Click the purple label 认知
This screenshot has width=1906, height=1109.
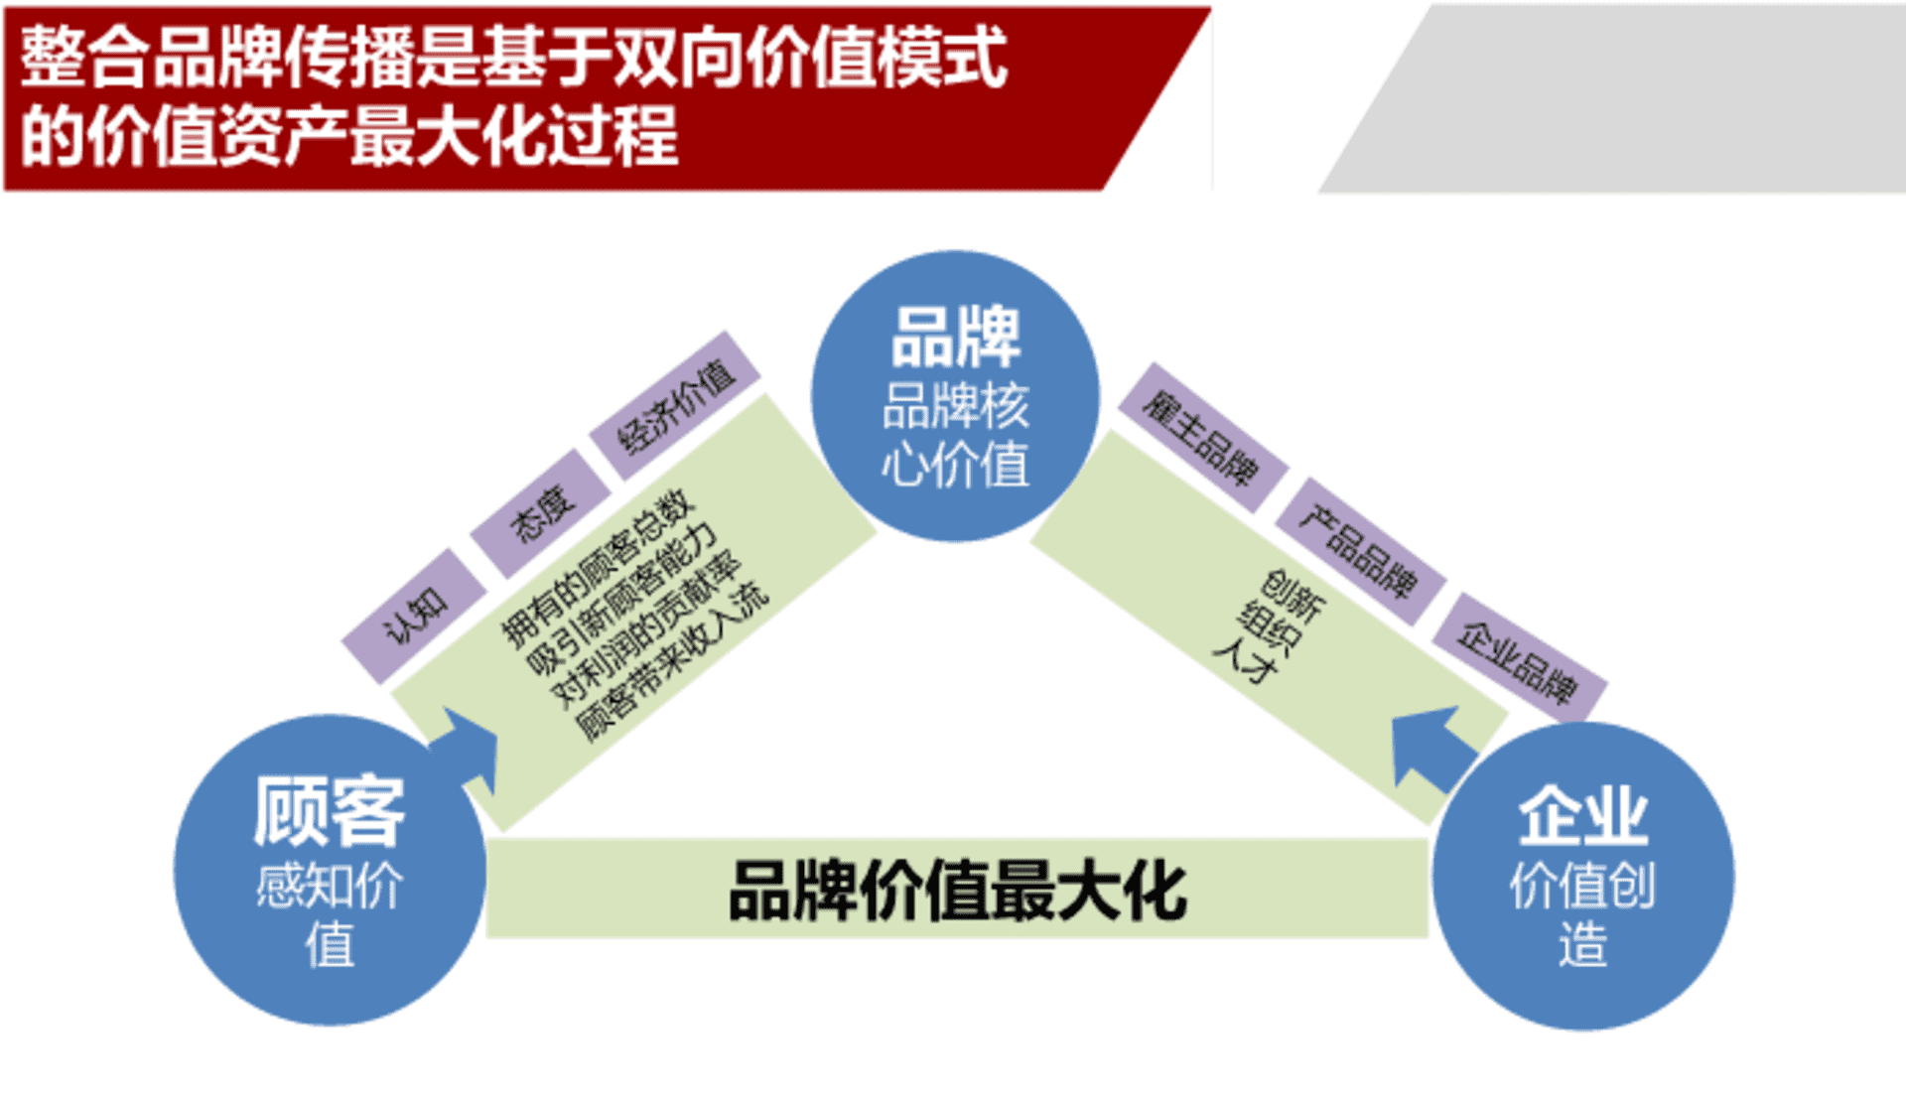415,616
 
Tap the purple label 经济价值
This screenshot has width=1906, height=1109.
675,405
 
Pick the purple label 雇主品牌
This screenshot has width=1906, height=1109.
1202,438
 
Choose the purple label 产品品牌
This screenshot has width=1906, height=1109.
1359,552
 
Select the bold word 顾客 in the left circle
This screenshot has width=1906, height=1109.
330,810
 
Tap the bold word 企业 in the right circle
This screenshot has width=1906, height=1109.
1582,816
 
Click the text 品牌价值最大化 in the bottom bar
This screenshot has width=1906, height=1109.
958,890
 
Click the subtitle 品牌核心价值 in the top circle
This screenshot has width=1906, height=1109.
955,435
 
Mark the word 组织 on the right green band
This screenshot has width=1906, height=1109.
1270,626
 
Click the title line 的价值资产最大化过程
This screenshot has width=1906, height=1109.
349,136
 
